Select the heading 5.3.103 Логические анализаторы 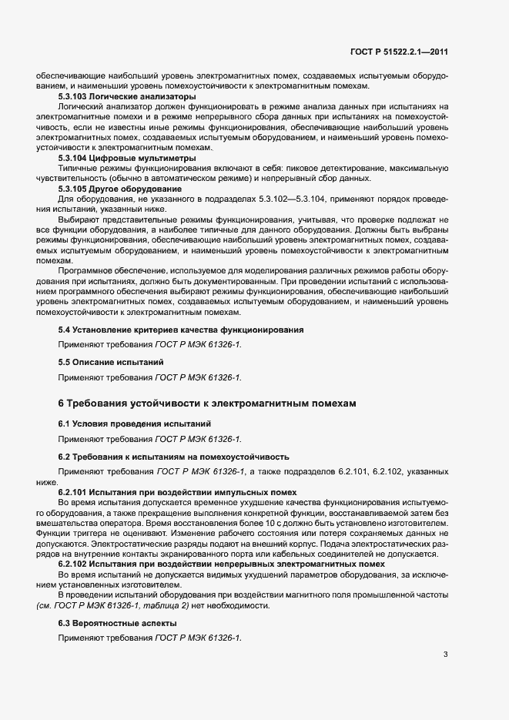click(127, 97)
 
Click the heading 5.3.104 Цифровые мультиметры click(124, 157)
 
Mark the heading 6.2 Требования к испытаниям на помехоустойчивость click(173, 456)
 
